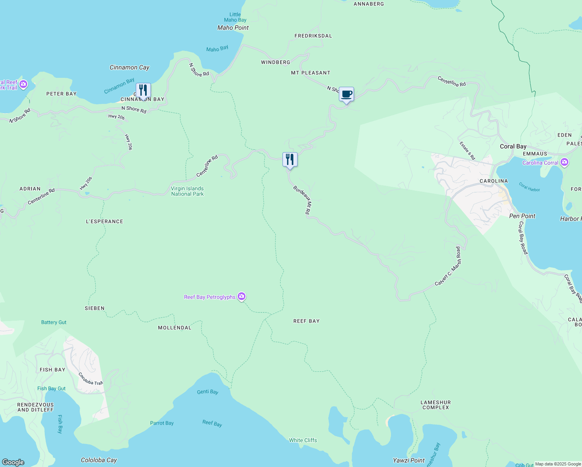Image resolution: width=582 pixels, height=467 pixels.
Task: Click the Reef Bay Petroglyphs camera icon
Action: pos(242,297)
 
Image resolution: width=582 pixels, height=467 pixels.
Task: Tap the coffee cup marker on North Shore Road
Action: pos(346,94)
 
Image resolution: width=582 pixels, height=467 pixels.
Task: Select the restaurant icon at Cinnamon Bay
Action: pos(143,90)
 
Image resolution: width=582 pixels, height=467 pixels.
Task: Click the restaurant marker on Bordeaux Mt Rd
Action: pos(290,160)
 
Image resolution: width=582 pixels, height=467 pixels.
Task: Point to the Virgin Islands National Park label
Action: pos(187,191)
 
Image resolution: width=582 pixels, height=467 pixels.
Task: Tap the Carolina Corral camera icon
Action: pos(564,163)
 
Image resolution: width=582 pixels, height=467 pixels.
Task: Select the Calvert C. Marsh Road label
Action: pos(448,266)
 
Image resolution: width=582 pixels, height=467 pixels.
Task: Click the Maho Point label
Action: pos(233,28)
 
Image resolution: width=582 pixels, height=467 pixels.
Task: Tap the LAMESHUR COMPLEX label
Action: pos(436,405)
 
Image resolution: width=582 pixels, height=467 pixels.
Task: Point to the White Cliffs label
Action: pos(303,440)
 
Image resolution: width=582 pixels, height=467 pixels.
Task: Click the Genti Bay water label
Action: pos(207,392)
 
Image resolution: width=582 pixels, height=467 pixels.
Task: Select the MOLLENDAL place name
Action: pos(175,328)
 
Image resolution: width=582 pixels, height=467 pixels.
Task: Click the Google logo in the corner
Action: pos(13,462)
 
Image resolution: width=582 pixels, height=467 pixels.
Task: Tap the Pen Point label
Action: pos(522,216)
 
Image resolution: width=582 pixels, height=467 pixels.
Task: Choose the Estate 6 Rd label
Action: pos(467,151)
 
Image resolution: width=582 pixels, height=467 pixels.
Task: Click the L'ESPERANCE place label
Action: pos(104,221)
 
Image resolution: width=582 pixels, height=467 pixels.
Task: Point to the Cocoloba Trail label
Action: pos(91,379)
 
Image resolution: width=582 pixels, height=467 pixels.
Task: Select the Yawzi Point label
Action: pos(409,460)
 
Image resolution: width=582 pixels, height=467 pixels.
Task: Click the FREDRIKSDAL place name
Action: pos(313,36)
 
